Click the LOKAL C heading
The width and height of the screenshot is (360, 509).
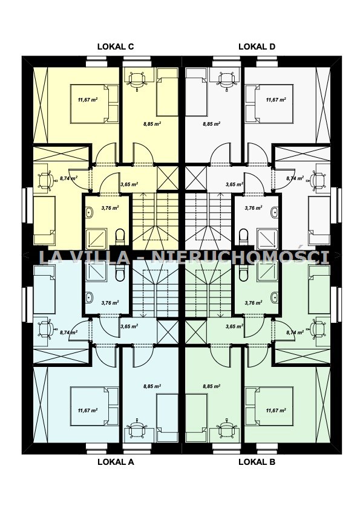coord(116,47)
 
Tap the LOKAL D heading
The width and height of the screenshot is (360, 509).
coord(257,47)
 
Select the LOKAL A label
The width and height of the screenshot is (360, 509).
coord(116,462)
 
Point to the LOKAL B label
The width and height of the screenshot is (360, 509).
coord(257,462)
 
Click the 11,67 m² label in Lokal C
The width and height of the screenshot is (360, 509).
coord(88,100)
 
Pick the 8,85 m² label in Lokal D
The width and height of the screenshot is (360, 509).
coord(212,124)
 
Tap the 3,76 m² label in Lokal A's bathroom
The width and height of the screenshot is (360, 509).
coord(110,303)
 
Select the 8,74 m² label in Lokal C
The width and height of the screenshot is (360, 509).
coord(69,178)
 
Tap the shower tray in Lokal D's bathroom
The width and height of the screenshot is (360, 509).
coord(267,239)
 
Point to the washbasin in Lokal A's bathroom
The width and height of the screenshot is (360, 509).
coord(89,297)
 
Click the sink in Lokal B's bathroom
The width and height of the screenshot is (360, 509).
coord(275,297)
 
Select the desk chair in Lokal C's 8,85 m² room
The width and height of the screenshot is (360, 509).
coord(137,80)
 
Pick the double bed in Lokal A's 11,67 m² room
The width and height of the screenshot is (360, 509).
coord(94,406)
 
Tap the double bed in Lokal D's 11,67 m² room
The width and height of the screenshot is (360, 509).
coord(269,104)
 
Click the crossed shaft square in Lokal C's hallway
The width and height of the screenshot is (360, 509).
coord(168,178)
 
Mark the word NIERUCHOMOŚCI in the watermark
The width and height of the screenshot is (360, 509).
coord(241,257)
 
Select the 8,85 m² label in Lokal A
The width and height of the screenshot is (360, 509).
coord(152,386)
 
